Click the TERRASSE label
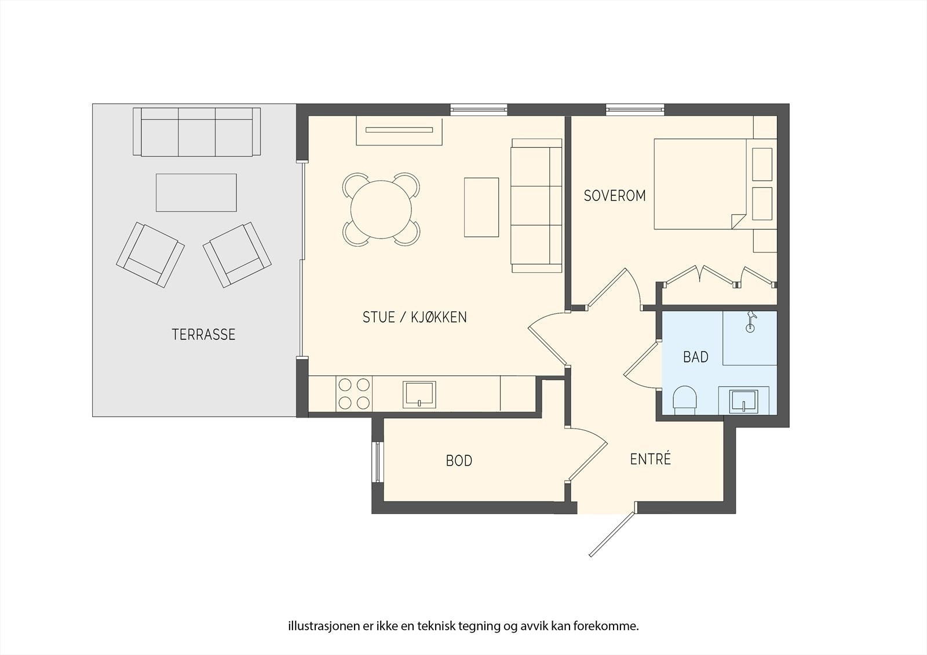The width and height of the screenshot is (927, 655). click(203, 334)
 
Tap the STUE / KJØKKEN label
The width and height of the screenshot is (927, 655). click(415, 317)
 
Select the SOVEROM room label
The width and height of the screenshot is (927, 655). click(615, 196)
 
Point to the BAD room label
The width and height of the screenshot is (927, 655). click(696, 357)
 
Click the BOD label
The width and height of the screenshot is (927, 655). click(459, 460)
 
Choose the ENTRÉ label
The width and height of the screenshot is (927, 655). click(650, 459)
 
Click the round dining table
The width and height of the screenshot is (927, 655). click(381, 210)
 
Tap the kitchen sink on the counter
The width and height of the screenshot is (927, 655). click(419, 394)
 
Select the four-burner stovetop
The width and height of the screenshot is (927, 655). click(354, 394)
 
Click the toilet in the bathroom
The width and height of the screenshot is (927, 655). click(685, 400)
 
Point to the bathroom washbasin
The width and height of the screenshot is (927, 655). click(744, 401)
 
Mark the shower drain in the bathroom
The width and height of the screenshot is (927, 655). click(750, 328)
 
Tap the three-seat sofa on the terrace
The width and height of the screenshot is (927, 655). click(196, 131)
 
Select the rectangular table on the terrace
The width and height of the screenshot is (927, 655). click(196, 192)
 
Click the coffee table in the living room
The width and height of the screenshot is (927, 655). click(481, 207)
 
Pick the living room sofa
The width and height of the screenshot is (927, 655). click(537, 206)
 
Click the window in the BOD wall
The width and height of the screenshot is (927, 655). click(377, 462)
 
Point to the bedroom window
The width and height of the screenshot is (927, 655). click(635, 109)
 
